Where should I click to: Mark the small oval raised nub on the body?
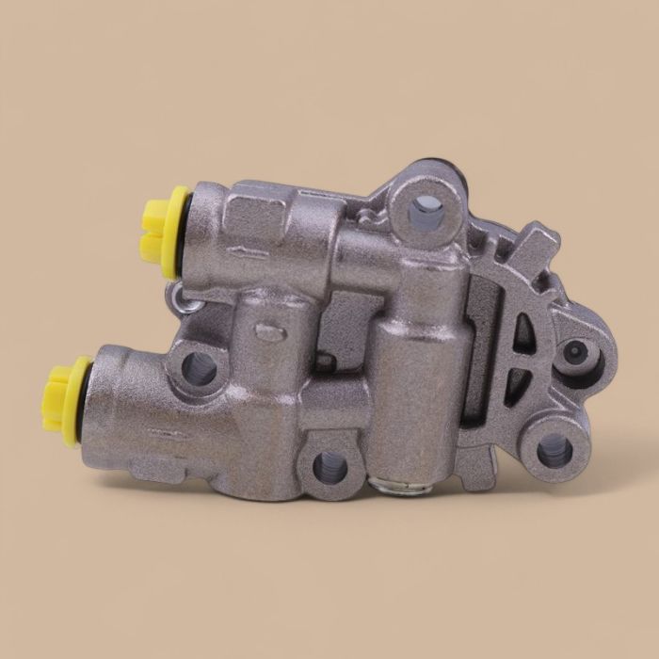click(x=269, y=331)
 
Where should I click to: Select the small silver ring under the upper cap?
click(x=184, y=298)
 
